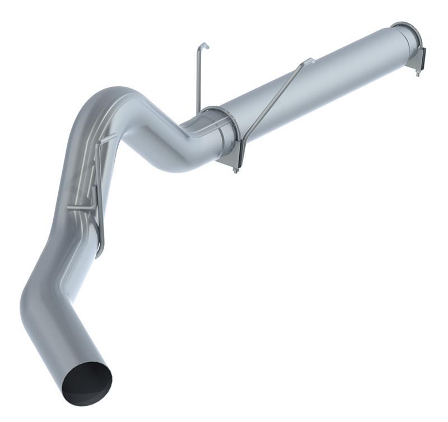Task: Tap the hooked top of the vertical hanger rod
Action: pos(204,45)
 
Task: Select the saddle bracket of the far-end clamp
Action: pos(421,59)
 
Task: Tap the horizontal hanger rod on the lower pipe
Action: pos(81,208)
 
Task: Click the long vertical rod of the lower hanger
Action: pos(98,185)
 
